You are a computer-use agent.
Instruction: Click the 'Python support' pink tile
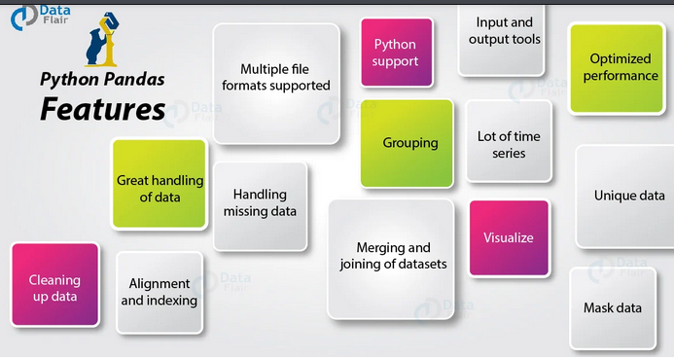395,53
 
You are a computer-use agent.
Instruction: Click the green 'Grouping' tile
407,143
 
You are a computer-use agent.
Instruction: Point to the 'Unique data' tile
627,196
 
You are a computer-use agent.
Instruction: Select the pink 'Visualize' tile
508,237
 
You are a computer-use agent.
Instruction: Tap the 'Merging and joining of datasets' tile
393,258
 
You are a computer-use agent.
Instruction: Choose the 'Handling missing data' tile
260,204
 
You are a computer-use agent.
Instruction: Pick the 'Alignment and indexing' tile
159,293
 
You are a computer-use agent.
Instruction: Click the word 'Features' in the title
102,109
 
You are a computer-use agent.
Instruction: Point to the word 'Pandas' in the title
131,80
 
